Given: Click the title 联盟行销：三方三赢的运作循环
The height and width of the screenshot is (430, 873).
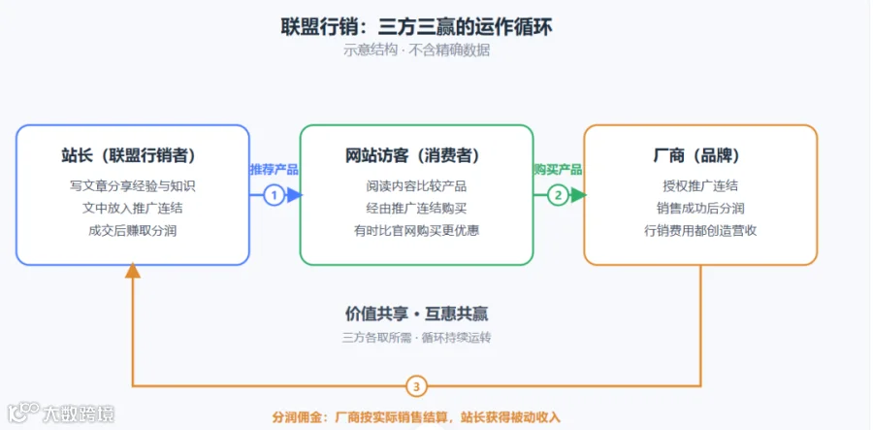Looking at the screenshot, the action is click(x=416, y=26).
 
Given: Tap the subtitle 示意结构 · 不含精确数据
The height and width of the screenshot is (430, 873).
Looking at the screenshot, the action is click(x=416, y=50).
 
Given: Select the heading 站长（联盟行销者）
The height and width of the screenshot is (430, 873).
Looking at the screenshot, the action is click(x=133, y=156).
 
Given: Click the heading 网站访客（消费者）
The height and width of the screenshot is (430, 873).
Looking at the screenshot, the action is click(x=416, y=156).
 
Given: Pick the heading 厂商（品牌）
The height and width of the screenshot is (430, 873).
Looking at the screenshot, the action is click(x=700, y=156).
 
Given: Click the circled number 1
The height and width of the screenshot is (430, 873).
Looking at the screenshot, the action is click(x=274, y=195).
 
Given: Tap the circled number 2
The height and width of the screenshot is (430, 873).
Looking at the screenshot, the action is click(x=558, y=195).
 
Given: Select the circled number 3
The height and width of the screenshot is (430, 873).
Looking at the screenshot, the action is click(x=416, y=386).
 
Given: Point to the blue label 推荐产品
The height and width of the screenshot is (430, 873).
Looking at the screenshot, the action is click(x=274, y=169).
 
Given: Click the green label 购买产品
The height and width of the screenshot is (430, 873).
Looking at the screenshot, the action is click(x=558, y=169).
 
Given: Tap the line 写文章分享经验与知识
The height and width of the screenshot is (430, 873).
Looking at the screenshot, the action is click(x=133, y=186).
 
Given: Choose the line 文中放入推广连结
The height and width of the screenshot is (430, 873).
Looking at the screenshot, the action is click(x=133, y=209).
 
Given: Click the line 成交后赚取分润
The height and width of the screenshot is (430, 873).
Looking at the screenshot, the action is click(x=133, y=231).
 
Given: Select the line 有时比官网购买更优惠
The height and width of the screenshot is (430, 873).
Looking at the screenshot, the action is click(x=416, y=231).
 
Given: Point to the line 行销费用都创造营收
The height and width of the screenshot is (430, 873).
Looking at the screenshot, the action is click(x=700, y=231).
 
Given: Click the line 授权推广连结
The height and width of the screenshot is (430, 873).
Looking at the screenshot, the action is click(x=700, y=186).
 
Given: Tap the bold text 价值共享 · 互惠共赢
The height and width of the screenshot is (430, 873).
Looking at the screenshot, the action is click(x=416, y=314).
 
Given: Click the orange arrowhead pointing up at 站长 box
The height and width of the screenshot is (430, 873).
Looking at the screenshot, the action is click(x=133, y=271).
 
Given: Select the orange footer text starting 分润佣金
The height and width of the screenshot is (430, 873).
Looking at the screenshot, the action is click(x=416, y=417).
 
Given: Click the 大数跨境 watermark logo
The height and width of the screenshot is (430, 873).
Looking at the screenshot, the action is click(x=61, y=413).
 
